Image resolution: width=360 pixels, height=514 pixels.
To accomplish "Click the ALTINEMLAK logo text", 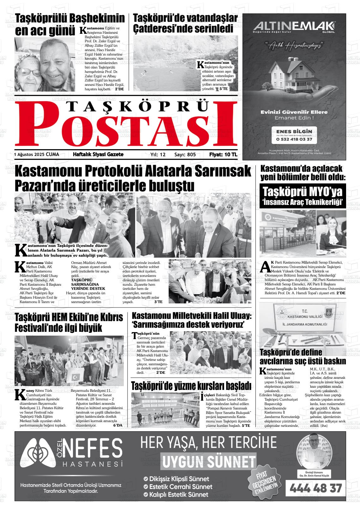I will (294, 26).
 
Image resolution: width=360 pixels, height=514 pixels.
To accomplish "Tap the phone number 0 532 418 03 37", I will (294, 139).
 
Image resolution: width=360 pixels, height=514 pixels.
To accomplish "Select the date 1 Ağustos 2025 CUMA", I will (37, 155).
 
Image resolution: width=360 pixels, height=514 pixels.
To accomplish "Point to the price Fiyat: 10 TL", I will (223, 155).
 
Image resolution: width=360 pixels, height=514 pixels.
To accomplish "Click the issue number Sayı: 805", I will (185, 155).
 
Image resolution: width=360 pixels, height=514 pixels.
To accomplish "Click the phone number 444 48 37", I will (315, 488).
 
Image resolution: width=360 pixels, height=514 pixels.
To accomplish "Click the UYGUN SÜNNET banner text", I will (208, 462).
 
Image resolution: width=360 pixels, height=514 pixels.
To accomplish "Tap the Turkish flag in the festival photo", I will (76, 377).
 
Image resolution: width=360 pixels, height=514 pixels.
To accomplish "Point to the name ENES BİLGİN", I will (294, 131).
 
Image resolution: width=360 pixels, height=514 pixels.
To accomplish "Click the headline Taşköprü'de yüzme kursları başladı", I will (191, 385).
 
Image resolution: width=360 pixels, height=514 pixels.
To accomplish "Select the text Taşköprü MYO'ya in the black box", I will (302, 192).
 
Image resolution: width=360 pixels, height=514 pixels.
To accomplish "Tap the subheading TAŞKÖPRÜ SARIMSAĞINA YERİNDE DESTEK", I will (88, 284).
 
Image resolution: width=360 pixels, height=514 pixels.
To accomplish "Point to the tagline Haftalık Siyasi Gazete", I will (98, 154).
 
